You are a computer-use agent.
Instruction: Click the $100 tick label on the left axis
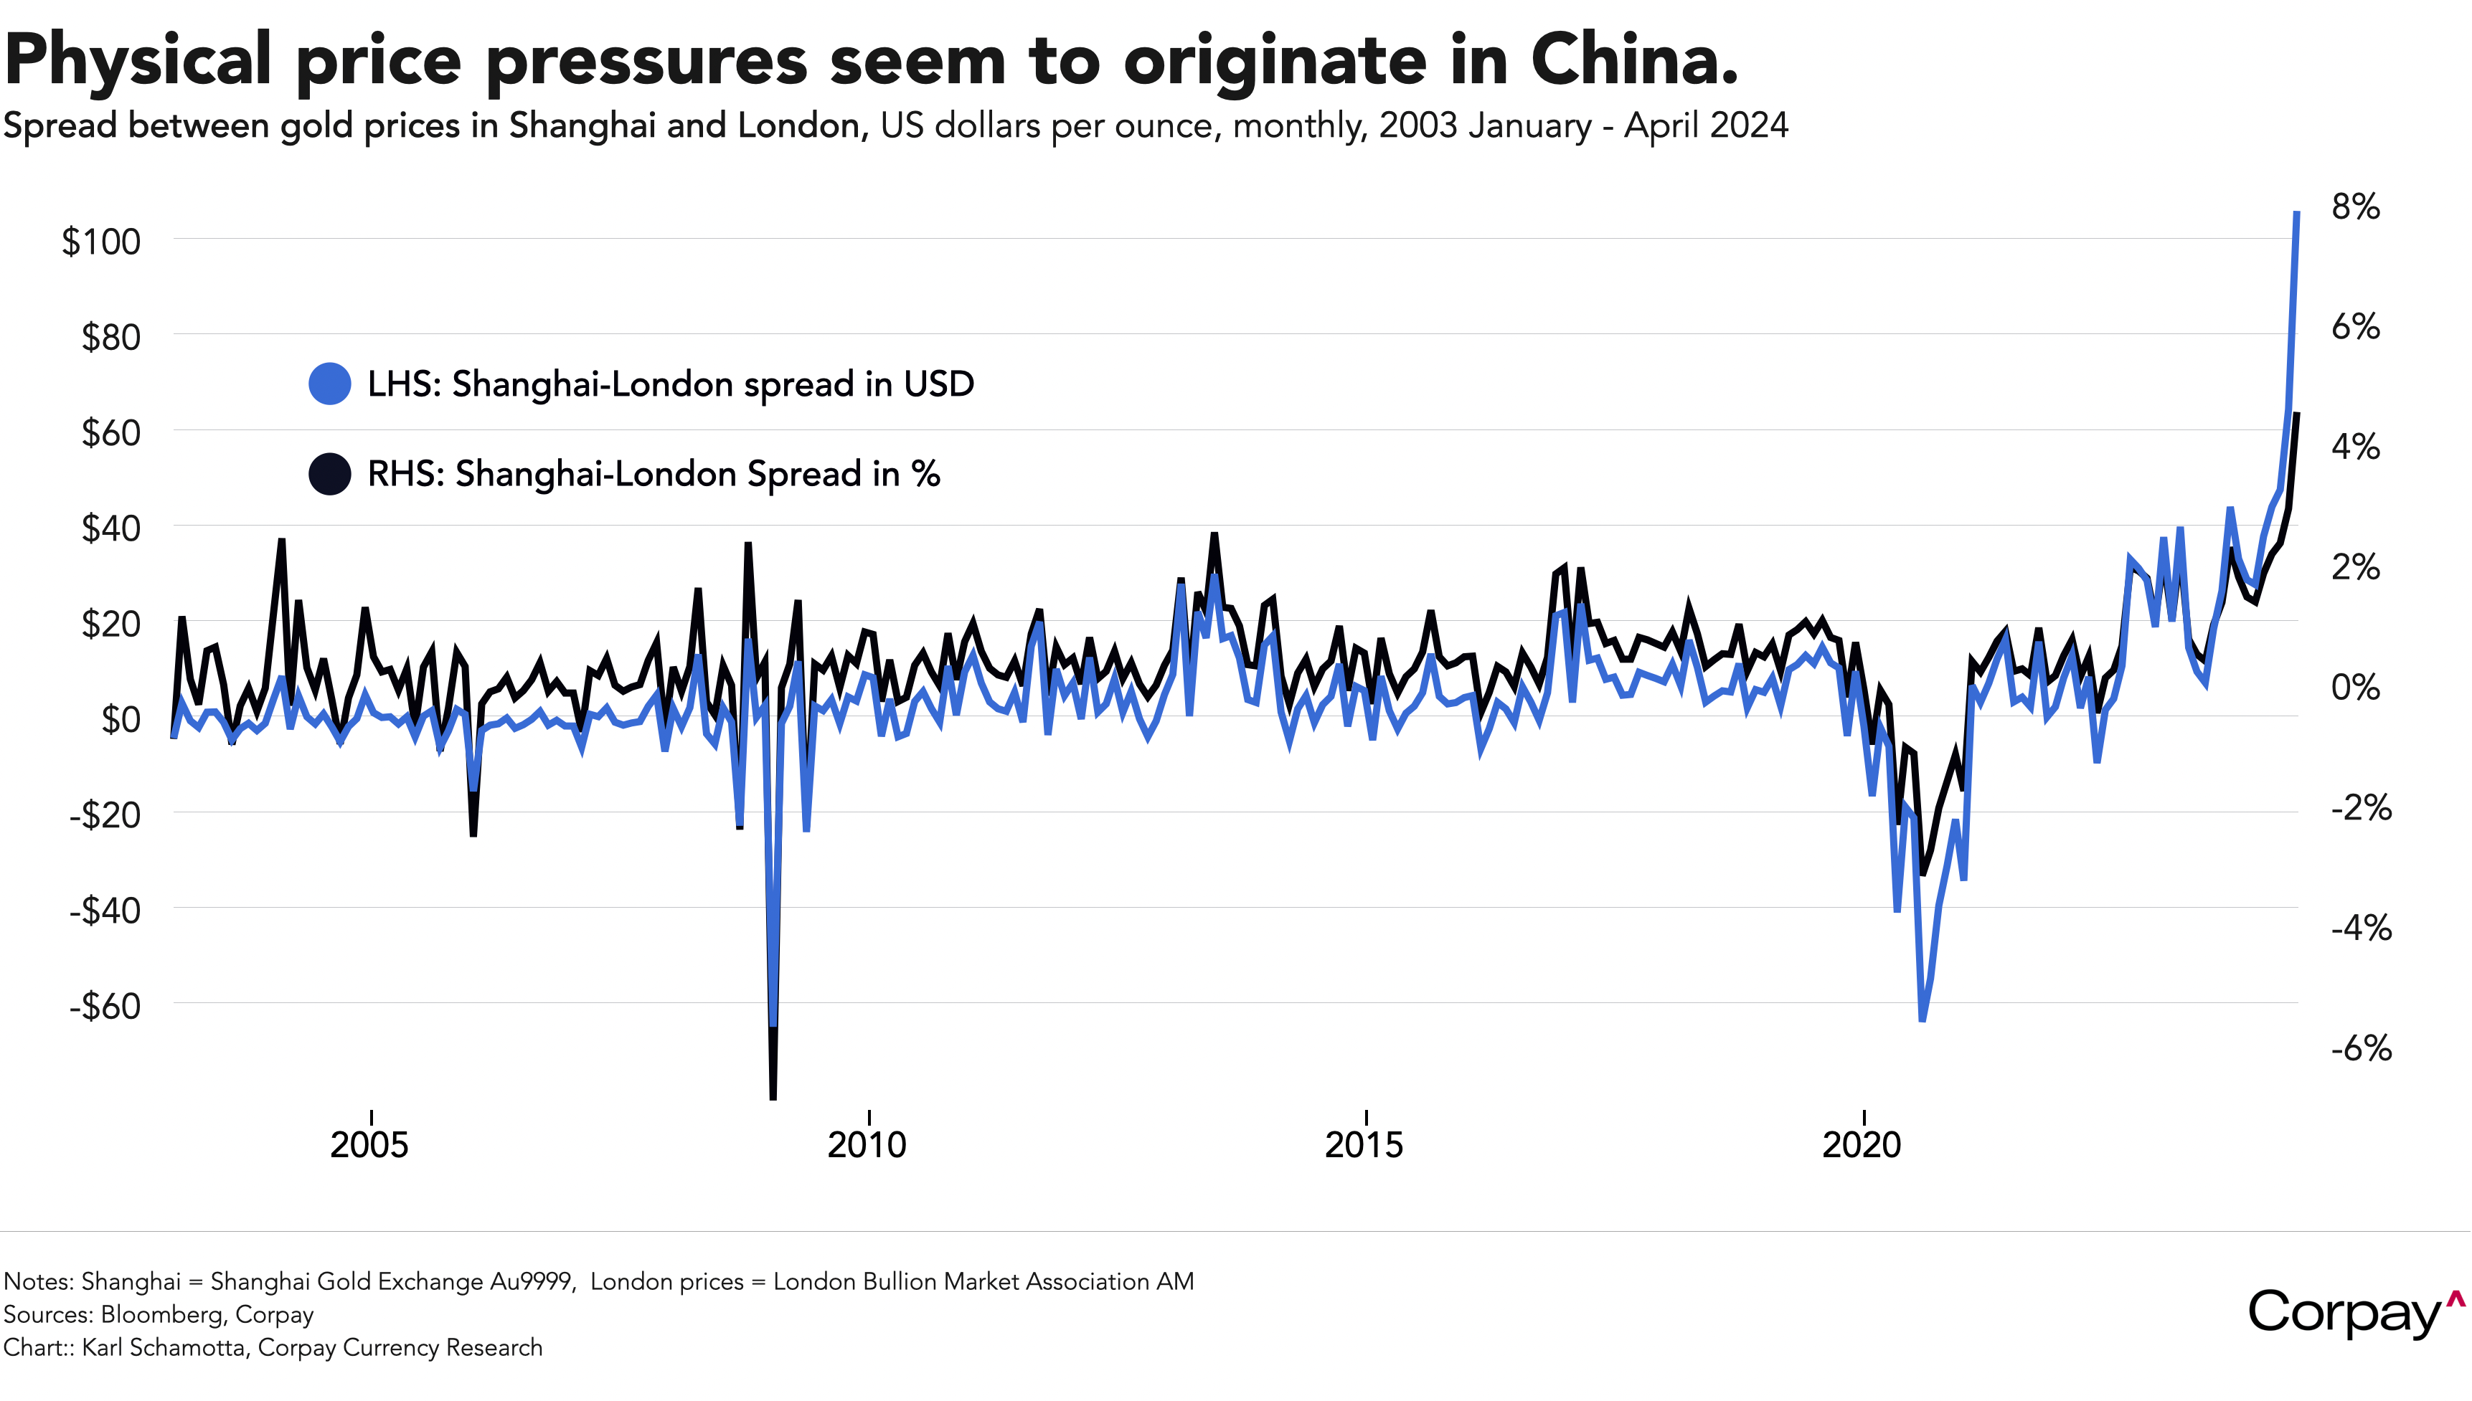[x=101, y=242]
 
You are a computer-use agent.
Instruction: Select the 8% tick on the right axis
[x=2354, y=207]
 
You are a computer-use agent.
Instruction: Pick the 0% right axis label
[x=2354, y=687]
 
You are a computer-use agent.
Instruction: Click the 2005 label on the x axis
[x=369, y=1145]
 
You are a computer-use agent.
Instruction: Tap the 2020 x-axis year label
[x=1863, y=1145]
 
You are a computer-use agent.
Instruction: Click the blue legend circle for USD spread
[x=329, y=384]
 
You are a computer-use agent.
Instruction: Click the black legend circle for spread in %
[x=329, y=473]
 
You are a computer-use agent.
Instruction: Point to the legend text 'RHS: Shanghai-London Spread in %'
[x=654, y=473]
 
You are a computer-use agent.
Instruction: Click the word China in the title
[x=1633, y=60]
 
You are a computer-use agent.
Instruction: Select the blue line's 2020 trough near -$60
[x=1921, y=1018]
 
